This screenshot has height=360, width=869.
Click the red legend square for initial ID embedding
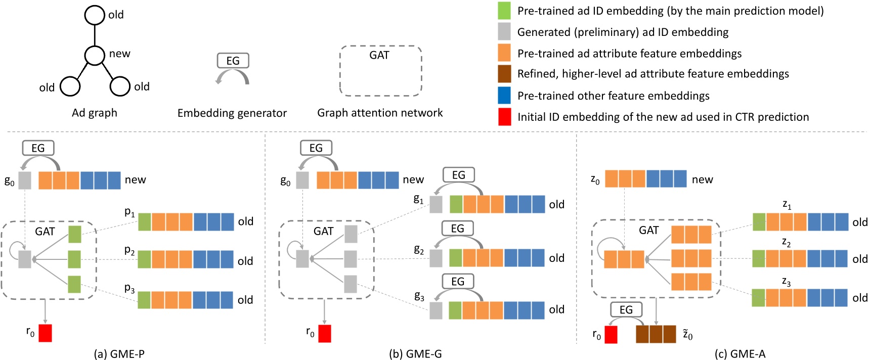pos(504,117)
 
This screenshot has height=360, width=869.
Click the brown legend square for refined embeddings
pos(504,74)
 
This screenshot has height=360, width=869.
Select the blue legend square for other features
pos(504,96)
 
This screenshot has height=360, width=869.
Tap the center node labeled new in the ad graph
pos(95,55)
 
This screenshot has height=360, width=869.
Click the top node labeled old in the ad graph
pos(95,15)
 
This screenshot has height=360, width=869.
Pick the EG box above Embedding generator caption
pos(233,61)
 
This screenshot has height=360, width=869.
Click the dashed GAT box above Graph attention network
pos(380,71)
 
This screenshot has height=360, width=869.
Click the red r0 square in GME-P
pos(45,333)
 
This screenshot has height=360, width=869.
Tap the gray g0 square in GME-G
pos(302,180)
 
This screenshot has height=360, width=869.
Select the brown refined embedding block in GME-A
pos(656,334)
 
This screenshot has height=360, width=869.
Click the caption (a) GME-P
pos(119,354)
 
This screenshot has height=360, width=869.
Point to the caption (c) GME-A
pos(740,354)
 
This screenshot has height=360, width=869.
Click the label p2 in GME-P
pos(129,251)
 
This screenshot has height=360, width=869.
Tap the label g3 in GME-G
pos(419,297)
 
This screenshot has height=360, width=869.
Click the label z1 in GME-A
pos(787,204)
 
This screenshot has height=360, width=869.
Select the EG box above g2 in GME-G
pos(457,229)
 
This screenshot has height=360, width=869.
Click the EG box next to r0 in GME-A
pos(626,310)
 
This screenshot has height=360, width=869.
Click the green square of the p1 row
pos(145,222)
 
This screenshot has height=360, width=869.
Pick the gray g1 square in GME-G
pos(436,204)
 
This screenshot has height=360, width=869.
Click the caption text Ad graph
pos(95,113)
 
